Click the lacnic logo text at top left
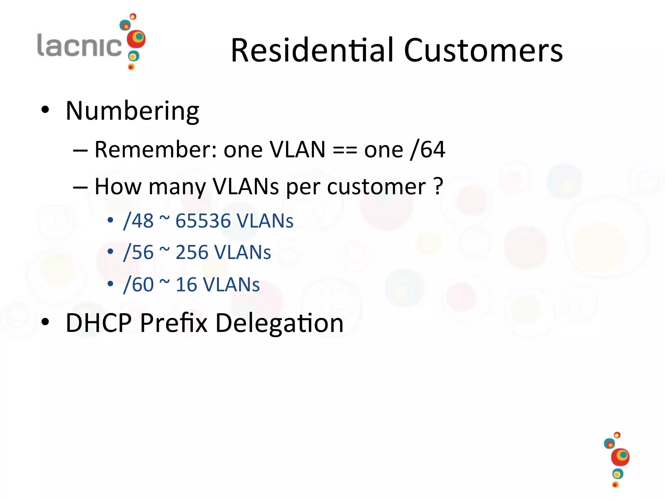80,45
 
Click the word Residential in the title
313,50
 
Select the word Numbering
132,111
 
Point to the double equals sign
345,150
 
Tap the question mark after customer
438,186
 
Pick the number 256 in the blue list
192,252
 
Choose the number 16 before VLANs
186,285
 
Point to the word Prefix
173,323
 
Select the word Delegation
279,324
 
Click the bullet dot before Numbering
45,110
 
